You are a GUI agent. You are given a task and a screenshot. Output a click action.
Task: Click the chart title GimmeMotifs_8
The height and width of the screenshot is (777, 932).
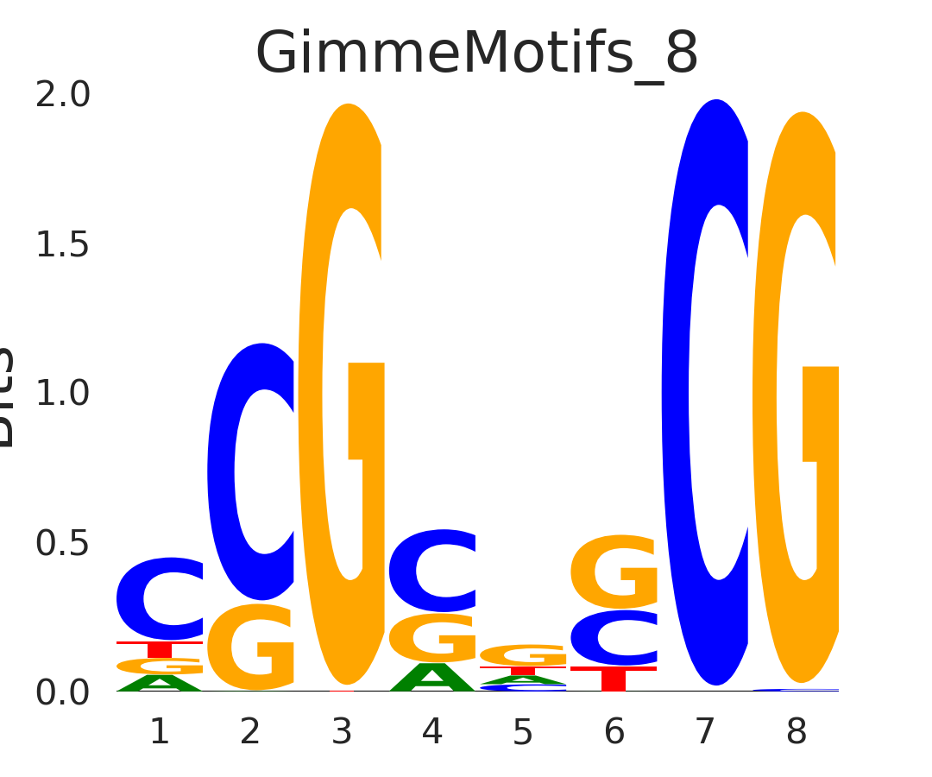476,54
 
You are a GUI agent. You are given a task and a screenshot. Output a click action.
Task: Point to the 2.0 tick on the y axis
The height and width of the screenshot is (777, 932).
62,95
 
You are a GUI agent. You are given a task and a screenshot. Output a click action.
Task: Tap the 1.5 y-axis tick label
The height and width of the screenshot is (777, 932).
62,245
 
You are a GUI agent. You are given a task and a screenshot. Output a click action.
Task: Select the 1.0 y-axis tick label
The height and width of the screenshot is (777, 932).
62,394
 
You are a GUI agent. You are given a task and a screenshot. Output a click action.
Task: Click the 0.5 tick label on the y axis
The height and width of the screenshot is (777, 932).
62,543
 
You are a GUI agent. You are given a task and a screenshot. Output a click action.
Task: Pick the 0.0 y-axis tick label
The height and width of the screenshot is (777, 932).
62,692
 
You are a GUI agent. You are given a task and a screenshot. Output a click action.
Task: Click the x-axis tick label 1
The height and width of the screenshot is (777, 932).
160,733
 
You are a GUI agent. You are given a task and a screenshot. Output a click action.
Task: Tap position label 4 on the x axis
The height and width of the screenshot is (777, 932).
432,733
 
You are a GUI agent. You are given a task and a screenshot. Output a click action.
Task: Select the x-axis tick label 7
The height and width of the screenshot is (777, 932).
705,733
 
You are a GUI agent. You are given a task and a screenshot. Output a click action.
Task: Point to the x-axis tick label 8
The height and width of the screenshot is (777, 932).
797,733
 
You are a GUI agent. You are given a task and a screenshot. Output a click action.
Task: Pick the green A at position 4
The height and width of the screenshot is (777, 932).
432,679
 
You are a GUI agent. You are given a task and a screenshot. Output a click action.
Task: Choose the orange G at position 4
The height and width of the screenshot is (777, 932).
432,638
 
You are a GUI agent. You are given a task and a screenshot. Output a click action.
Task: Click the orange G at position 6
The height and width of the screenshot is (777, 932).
614,572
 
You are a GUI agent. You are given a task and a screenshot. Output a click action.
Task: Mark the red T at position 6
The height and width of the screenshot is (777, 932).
614,679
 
